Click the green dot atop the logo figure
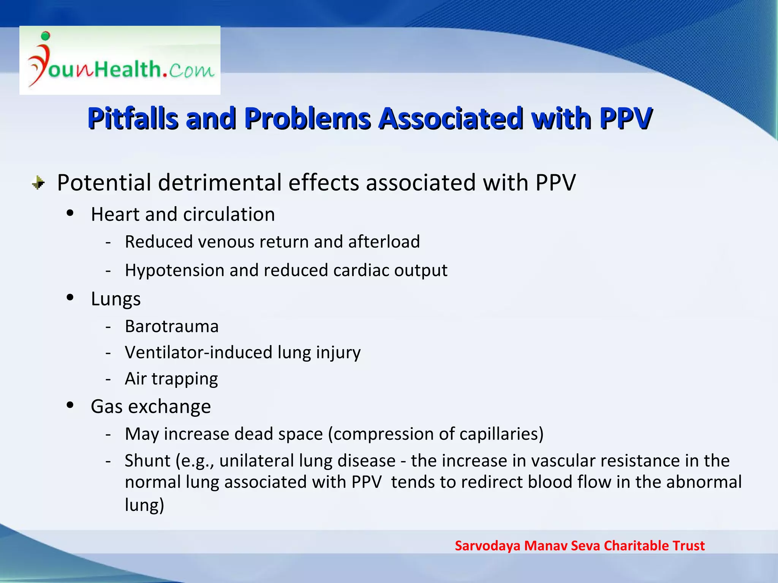tap(46, 36)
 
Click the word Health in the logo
tap(128, 69)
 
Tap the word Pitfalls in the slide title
tap(133, 118)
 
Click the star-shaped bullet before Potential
tap(38, 183)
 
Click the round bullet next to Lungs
tap(70, 297)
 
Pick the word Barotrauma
tap(172, 326)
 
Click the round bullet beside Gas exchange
tap(70, 405)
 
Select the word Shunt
tap(147, 461)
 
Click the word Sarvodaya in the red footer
tap(487, 546)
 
